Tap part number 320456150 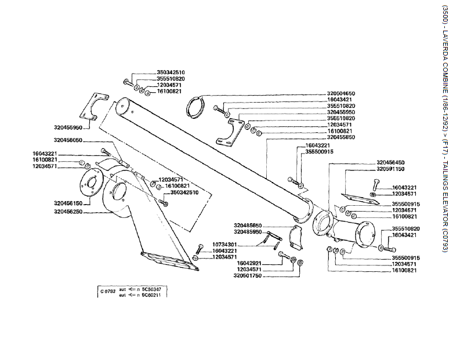[x=68, y=203]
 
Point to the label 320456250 [x=68, y=212]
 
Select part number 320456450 [x=390, y=162]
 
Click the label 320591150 [x=390, y=169]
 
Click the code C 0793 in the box [x=107, y=291]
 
